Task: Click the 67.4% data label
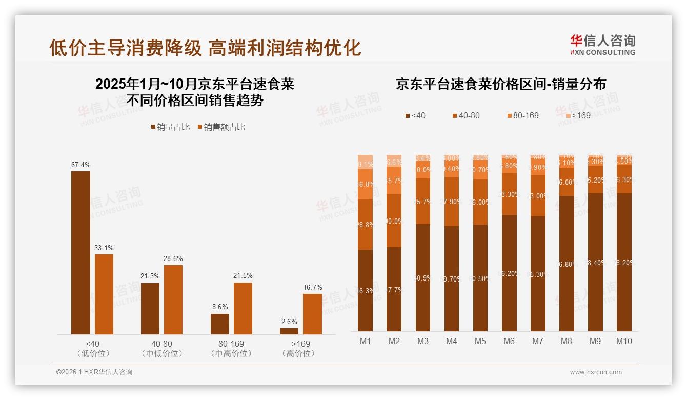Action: pos(80,165)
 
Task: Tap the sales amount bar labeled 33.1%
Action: pos(104,294)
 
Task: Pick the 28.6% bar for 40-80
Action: pos(173,299)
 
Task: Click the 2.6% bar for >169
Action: pos(289,331)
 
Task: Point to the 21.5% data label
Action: pos(243,276)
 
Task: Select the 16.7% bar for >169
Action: pos(312,314)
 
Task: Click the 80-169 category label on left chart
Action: pos(231,344)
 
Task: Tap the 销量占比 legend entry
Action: pos(170,127)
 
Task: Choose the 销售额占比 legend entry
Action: pos(221,127)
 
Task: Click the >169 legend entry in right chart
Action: pos(577,116)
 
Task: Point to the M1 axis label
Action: pos(366,341)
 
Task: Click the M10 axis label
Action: pos(624,341)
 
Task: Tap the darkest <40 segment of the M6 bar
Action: pos(509,273)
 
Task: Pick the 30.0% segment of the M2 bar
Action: pos(394,221)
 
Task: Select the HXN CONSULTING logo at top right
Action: pos(602,45)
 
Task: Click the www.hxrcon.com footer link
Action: pos(596,372)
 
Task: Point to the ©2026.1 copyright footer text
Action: pos(94,372)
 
